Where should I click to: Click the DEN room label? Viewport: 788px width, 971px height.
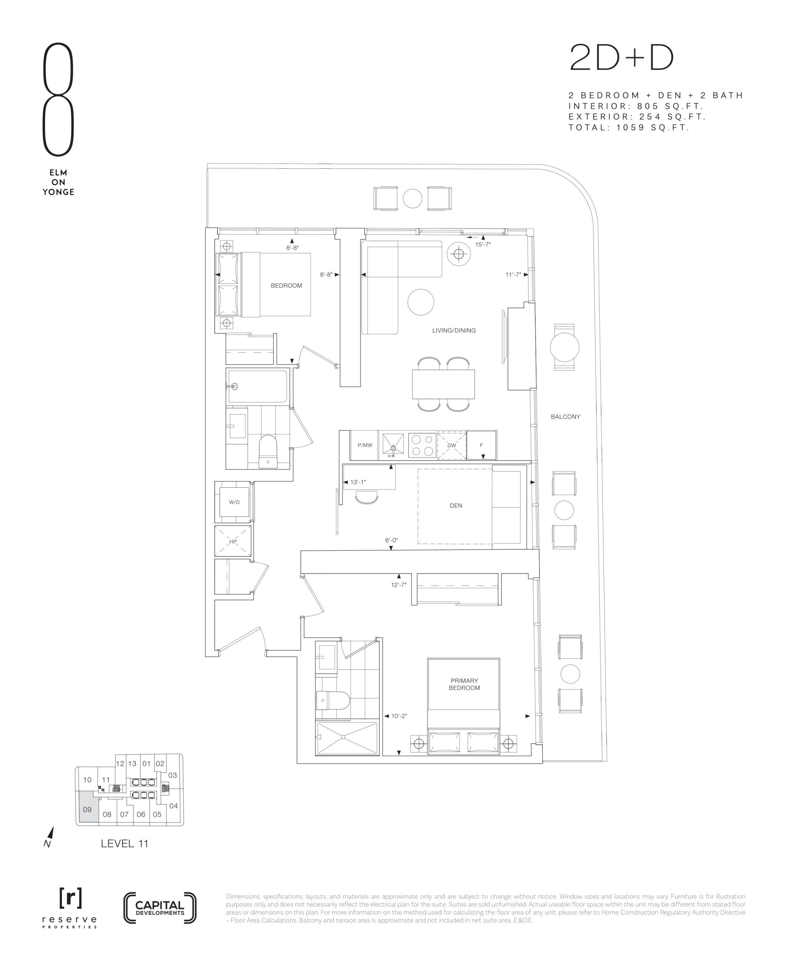point(456,506)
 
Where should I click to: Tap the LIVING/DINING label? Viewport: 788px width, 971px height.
point(454,330)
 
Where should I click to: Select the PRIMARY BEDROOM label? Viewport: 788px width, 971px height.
point(464,684)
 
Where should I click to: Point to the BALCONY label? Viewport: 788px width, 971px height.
point(565,416)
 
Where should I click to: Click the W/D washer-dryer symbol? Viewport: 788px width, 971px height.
point(234,502)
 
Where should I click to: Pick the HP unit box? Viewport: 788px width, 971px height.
point(233,541)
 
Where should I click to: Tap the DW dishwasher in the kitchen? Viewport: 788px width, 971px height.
point(451,445)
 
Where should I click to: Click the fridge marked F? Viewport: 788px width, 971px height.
point(481,445)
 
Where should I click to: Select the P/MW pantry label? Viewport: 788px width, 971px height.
point(365,445)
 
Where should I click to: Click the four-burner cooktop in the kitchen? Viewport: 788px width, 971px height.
point(422,445)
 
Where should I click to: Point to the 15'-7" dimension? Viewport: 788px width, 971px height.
point(483,244)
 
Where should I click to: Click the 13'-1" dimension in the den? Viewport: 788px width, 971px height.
point(358,482)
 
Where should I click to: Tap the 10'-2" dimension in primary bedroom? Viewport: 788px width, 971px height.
point(399,716)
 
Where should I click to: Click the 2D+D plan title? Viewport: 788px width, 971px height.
point(621,58)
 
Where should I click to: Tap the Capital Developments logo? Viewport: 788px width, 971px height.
point(160,908)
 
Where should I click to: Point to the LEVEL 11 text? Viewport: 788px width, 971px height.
point(124,844)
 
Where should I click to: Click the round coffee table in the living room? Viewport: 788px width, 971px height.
point(421,302)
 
